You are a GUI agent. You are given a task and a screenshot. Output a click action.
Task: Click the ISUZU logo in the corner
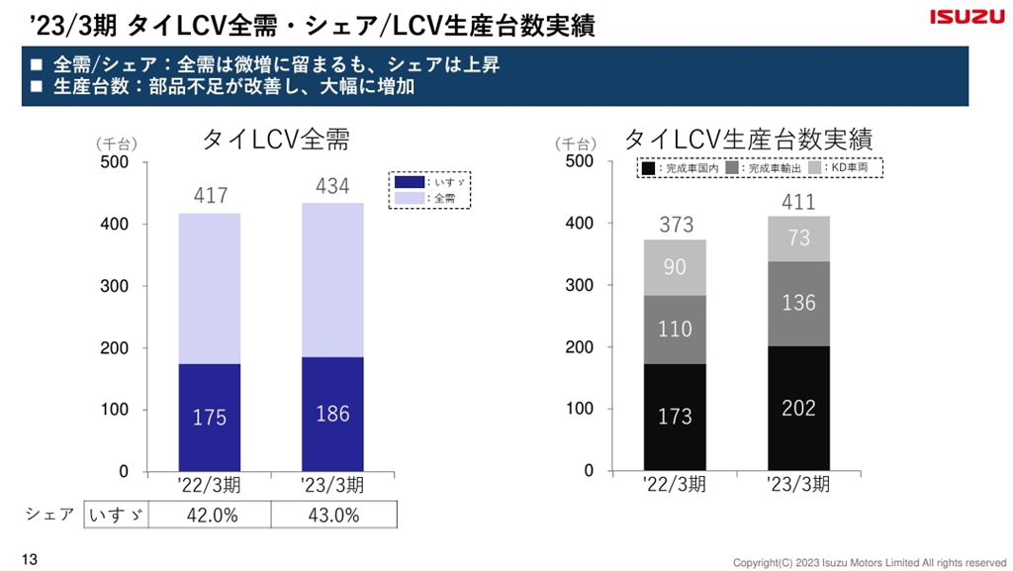point(965,18)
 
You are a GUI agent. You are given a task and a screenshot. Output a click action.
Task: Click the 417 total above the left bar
point(211,196)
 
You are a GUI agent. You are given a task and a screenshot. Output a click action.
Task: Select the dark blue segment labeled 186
point(332,414)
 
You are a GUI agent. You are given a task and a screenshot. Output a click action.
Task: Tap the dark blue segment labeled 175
point(210,418)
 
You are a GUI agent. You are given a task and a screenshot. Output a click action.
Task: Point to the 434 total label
point(332,186)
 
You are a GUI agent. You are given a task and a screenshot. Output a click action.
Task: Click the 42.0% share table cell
point(210,515)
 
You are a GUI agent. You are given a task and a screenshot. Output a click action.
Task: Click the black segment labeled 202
point(798,408)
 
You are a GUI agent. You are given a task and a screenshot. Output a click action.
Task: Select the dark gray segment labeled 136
point(798,303)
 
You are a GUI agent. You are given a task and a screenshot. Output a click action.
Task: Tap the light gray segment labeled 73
point(798,238)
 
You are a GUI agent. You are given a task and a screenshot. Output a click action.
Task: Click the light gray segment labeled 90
point(675,267)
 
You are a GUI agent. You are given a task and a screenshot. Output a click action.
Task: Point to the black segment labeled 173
point(675,417)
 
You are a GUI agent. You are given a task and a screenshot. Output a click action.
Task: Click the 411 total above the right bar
point(798,202)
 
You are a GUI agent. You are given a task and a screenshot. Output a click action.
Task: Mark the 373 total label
point(676,225)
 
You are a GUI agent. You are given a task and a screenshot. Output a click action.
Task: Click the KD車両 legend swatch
point(815,169)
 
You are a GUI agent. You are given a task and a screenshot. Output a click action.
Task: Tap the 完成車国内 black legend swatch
point(648,169)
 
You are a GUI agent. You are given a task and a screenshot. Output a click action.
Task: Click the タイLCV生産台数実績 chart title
point(749,139)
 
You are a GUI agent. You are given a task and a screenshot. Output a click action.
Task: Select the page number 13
point(28,561)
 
